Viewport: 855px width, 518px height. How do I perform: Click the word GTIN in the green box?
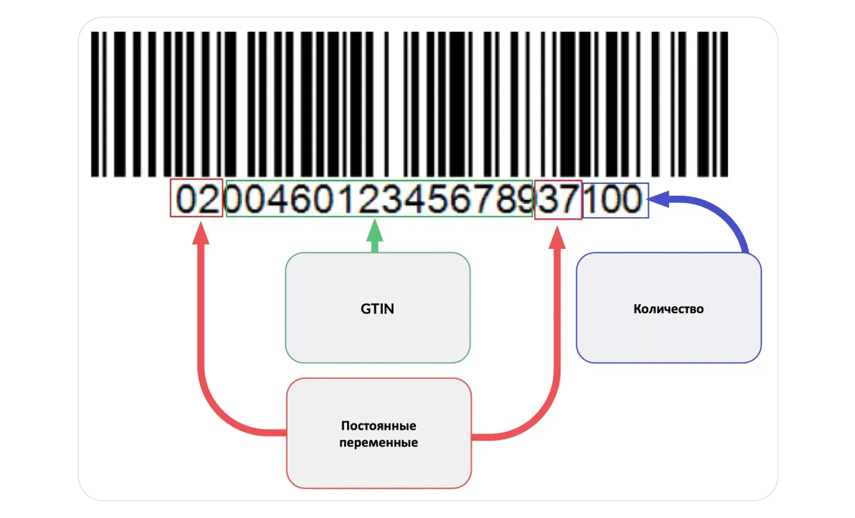click(x=377, y=308)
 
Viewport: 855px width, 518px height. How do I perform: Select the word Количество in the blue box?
click(x=668, y=309)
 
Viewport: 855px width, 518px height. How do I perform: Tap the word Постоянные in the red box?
click(x=378, y=426)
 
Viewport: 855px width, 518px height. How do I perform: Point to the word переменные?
click(x=378, y=442)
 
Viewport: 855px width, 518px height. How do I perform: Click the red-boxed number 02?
click(x=196, y=198)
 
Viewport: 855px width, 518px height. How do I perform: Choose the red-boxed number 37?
click(x=558, y=199)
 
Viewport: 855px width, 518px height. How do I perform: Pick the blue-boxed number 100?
click(x=615, y=199)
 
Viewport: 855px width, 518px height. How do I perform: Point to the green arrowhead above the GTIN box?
click(x=375, y=231)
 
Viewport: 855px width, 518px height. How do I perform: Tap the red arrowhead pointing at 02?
click(x=201, y=234)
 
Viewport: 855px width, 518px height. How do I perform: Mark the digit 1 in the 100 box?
click(x=591, y=199)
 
